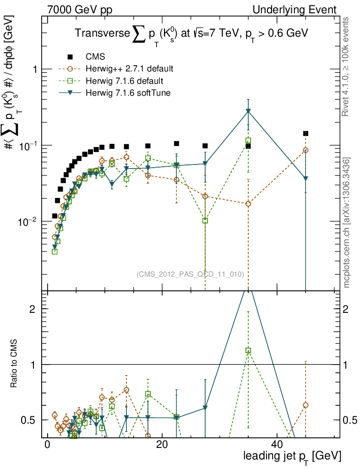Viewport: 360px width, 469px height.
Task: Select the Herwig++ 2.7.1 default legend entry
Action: pyautogui.click(x=129, y=69)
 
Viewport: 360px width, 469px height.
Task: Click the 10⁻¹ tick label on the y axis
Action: pyautogui.click(x=28, y=146)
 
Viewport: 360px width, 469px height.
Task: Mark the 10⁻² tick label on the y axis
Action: pyautogui.click(x=28, y=222)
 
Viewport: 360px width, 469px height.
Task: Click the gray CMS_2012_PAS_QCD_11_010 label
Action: pyautogui.click(x=190, y=274)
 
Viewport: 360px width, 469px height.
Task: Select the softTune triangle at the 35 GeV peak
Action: pyautogui.click(x=248, y=111)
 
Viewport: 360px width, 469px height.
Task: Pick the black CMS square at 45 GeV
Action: pyautogui.click(x=305, y=134)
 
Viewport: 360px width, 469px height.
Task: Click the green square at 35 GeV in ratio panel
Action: pyautogui.click(x=248, y=350)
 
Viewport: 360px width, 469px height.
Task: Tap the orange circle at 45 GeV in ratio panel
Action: pyautogui.click(x=305, y=405)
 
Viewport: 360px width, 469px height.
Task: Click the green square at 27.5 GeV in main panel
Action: pyautogui.click(x=205, y=220)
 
